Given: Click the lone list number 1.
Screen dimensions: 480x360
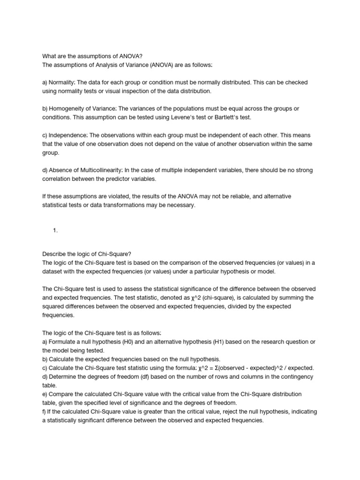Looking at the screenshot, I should click(x=55, y=230).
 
